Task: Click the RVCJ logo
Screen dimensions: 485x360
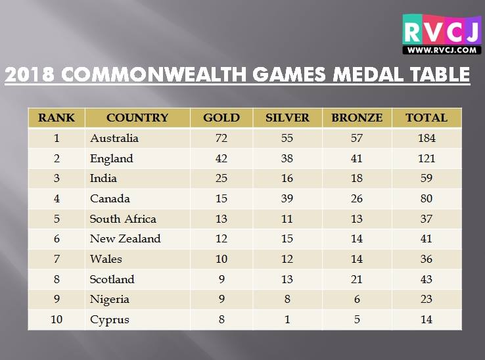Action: click(x=442, y=34)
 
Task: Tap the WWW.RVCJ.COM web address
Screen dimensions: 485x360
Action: click(x=442, y=50)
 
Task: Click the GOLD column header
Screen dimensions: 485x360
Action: click(x=221, y=118)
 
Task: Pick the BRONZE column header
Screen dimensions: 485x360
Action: click(x=357, y=118)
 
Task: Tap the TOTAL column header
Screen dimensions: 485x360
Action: click(x=427, y=118)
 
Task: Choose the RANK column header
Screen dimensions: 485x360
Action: click(x=57, y=118)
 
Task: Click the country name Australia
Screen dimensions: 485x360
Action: click(x=114, y=138)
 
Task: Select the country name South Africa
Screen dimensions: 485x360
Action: click(x=123, y=219)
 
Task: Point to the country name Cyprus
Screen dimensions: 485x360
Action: click(x=110, y=320)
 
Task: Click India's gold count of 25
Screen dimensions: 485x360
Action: click(x=221, y=178)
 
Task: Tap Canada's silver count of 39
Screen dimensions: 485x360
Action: click(x=287, y=198)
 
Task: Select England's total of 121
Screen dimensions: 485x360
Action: click(x=427, y=158)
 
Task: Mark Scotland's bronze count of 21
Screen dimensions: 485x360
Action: click(x=357, y=279)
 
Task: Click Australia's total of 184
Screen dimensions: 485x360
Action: click(x=427, y=138)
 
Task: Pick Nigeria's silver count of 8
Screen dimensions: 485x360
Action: click(x=287, y=299)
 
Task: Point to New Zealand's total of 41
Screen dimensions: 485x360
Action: click(x=427, y=238)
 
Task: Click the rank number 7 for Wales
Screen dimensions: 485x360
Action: click(x=57, y=259)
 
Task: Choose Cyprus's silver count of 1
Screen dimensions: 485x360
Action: click(x=287, y=319)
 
